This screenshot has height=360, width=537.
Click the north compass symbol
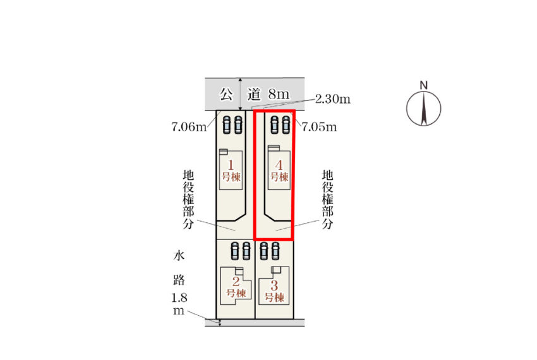click(x=424, y=109)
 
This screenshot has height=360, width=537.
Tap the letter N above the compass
click(x=424, y=85)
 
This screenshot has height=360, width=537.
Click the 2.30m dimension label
click(x=332, y=99)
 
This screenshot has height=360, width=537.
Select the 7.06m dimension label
click(x=189, y=127)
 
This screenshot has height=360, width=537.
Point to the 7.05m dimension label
click(x=319, y=127)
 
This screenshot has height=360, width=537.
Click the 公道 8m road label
click(x=255, y=94)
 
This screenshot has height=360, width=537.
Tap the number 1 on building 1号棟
click(x=231, y=165)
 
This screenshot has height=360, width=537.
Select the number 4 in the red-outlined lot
click(x=279, y=165)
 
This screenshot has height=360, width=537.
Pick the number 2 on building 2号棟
click(x=236, y=282)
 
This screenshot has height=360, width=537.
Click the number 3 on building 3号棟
click(x=274, y=285)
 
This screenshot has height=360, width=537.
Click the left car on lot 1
click(x=227, y=124)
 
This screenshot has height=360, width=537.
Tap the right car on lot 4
click(x=286, y=124)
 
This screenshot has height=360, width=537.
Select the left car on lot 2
click(x=235, y=251)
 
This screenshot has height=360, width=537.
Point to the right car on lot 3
click(x=275, y=251)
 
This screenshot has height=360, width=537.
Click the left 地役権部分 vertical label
click(x=188, y=200)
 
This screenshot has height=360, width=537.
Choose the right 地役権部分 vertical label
click(x=328, y=200)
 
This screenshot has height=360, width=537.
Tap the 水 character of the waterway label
click(x=179, y=255)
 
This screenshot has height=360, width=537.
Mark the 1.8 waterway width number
click(x=179, y=298)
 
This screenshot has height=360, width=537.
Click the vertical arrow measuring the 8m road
click(x=241, y=94)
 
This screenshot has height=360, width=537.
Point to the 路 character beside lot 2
click(x=179, y=280)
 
